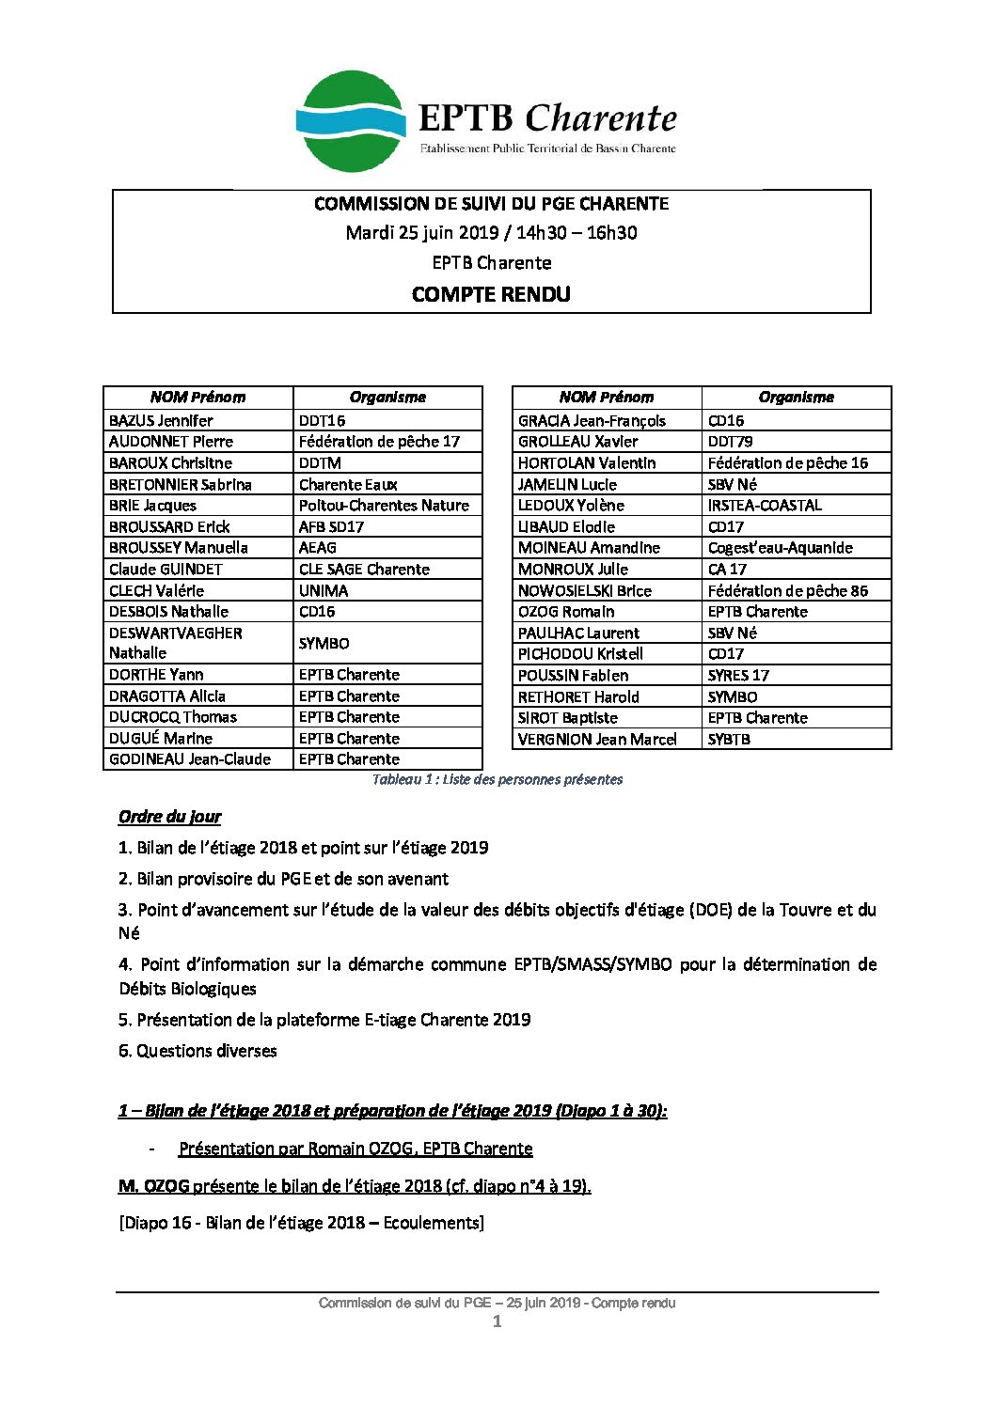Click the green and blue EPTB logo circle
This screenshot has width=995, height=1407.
351,121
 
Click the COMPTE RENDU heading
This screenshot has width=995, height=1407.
491,294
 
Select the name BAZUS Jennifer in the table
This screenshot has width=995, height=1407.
161,420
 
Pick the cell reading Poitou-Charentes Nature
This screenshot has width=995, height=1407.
384,505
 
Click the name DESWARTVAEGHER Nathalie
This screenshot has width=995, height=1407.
176,643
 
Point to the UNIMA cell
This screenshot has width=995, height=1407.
324,590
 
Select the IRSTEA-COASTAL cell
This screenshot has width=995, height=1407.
765,505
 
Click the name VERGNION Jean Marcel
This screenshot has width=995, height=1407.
597,739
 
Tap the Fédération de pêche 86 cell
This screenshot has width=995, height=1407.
788,590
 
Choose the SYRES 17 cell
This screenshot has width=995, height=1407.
738,675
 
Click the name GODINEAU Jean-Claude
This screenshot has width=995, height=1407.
190,758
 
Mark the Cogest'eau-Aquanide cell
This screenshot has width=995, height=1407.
781,547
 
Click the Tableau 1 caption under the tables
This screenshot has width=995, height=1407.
497,779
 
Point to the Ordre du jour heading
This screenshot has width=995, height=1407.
170,816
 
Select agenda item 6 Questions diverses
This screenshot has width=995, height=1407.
197,1050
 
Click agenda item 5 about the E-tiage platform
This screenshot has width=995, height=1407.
324,1019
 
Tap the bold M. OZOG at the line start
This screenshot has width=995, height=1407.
154,1185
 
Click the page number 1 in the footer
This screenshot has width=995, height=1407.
497,1321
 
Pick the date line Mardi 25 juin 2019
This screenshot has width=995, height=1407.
491,232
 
